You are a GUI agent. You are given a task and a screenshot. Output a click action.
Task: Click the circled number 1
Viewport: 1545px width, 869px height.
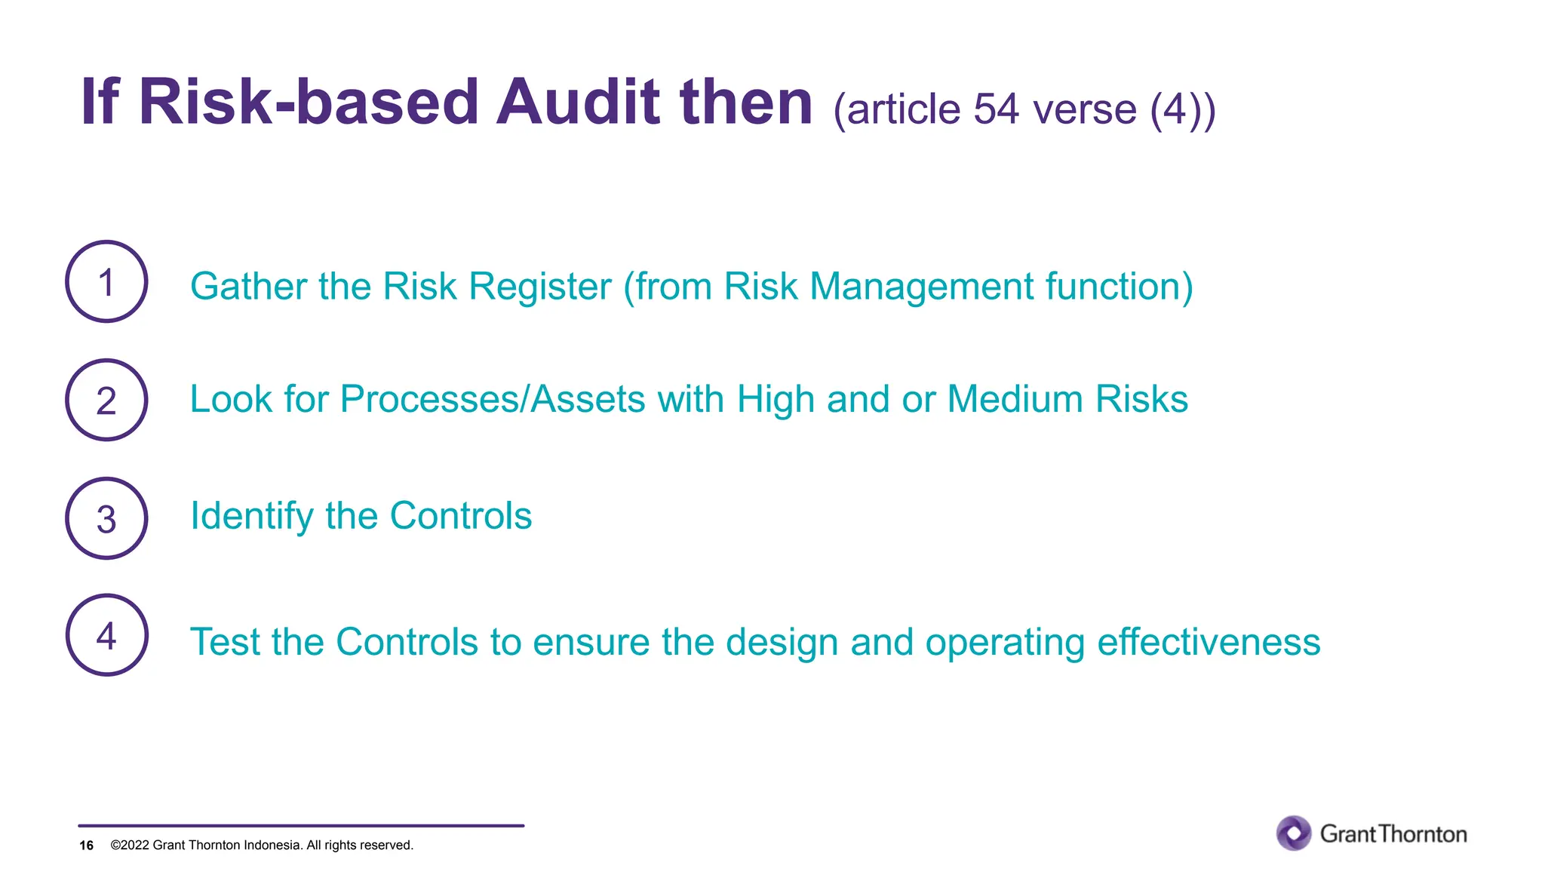[x=106, y=282]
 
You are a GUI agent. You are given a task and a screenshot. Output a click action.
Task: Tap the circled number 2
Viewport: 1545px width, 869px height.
[x=106, y=401]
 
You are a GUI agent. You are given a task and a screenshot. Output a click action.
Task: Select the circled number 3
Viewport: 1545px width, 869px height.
[x=106, y=519]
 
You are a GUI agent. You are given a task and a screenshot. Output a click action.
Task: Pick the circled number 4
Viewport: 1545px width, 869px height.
[x=106, y=636]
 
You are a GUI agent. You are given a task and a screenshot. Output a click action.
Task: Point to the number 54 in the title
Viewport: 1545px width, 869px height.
[x=997, y=109]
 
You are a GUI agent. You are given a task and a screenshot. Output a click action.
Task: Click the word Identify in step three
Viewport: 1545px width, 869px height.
[x=251, y=517]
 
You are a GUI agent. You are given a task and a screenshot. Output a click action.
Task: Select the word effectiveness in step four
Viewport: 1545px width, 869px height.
[x=1209, y=642]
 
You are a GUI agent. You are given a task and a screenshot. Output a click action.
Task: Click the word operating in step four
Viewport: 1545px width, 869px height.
[x=1005, y=643]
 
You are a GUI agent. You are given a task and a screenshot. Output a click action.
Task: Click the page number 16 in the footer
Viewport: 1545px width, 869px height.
[x=86, y=846]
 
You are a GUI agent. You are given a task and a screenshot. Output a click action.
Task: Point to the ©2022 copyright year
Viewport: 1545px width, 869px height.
[x=130, y=846]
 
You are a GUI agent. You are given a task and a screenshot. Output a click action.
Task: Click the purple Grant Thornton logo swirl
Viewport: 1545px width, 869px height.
[x=1294, y=834]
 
